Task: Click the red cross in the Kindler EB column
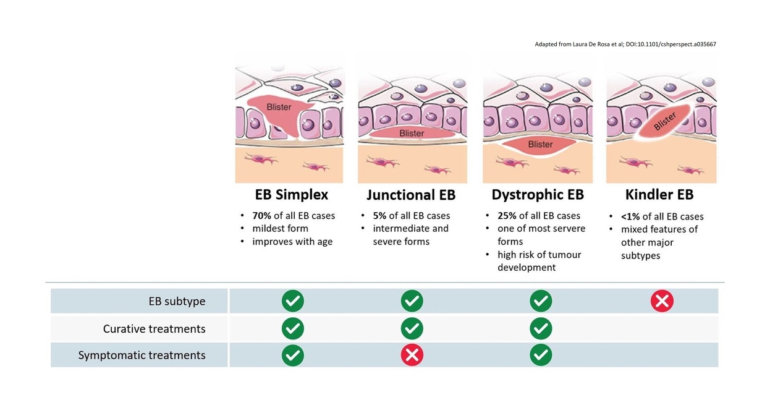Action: (x=662, y=301)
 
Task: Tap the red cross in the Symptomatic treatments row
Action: (x=412, y=355)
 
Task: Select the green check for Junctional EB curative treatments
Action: (x=412, y=328)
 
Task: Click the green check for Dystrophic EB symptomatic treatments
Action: (x=541, y=355)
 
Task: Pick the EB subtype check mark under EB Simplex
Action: (x=292, y=301)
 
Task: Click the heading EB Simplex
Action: (x=291, y=195)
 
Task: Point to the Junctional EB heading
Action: (x=411, y=195)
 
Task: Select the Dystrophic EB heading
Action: (x=538, y=195)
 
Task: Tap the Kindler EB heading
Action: (x=659, y=195)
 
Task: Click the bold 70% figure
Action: (x=261, y=216)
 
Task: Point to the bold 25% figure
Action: (x=507, y=216)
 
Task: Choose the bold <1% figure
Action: (x=630, y=217)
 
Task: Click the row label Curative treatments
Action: (x=154, y=329)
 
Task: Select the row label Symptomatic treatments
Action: (x=142, y=355)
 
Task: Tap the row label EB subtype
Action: (x=177, y=301)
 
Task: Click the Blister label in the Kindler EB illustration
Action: (x=664, y=121)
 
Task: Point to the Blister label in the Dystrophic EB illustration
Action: (x=540, y=144)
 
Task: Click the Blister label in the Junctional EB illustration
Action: (x=412, y=133)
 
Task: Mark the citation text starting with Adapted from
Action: (x=625, y=44)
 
